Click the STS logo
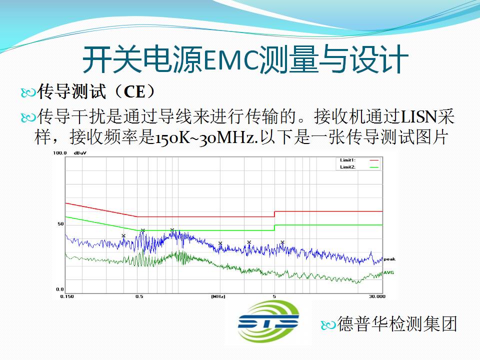[268, 321]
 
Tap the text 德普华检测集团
[396, 324]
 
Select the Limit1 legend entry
[359, 160]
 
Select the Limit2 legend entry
[359, 167]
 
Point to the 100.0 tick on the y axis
[59, 153]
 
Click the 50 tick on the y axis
[60, 224]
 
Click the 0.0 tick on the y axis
[60, 289]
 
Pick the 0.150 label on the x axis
[67, 296]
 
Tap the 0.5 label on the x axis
[139, 296]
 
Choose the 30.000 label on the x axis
[377, 296]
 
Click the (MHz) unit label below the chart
[218, 296]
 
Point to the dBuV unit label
[80, 153]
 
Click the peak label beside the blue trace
[389, 259]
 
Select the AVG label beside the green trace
[389, 272]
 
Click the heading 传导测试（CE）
[96, 91]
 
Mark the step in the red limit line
[274, 214]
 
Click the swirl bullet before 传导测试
[28, 92]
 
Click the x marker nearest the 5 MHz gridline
[282, 242]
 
